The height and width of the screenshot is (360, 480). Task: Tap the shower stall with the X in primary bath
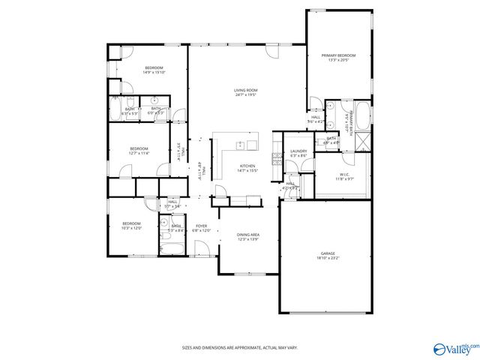click(361, 140)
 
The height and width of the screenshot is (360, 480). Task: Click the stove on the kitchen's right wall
click(277, 157)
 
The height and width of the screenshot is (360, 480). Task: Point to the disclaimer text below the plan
click(240, 348)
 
